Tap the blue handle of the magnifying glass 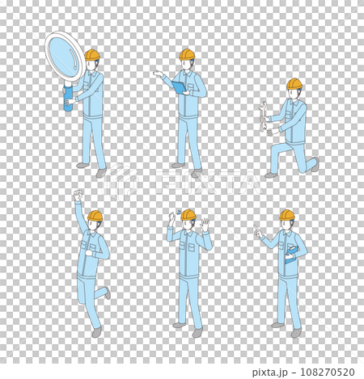tap(68, 99)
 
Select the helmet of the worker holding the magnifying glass tap(92, 55)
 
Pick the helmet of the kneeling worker tap(294, 84)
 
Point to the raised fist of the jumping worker tap(78, 195)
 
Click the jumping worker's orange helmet tap(95, 216)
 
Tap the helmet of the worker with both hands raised tap(188, 214)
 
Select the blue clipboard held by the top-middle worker tap(178, 86)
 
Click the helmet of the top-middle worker tap(187, 54)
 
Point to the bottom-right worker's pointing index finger tap(256, 228)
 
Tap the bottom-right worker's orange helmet tap(287, 215)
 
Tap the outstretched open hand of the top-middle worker tap(158, 74)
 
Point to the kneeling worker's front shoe tap(270, 174)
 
